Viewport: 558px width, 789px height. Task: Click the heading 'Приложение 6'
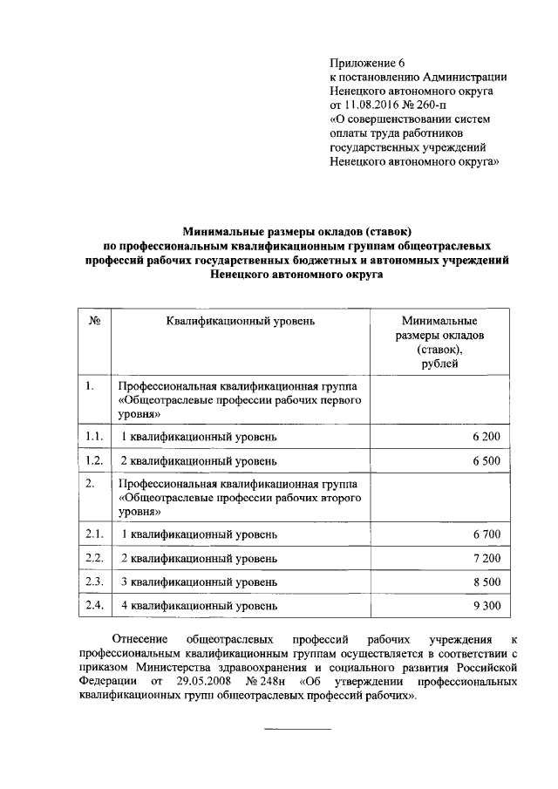tap(368, 62)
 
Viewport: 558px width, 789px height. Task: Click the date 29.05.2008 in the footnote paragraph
tap(203, 682)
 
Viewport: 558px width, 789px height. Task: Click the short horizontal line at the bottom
tap(297, 728)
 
